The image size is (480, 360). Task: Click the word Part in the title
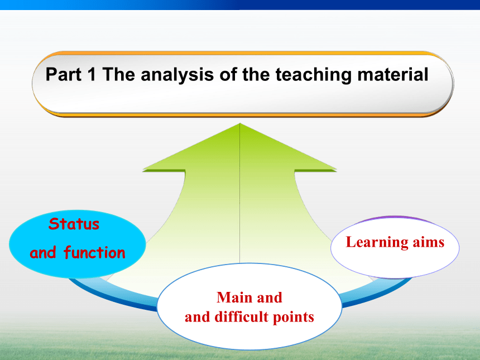(x=64, y=74)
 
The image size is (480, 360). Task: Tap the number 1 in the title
(x=91, y=74)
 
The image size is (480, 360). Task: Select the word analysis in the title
(x=177, y=75)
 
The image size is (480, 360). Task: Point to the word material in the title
(x=393, y=74)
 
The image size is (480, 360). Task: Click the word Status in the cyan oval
(x=74, y=224)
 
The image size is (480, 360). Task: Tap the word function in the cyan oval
(x=94, y=252)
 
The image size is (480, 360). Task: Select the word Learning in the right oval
(x=377, y=242)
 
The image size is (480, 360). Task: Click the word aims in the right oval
(x=429, y=242)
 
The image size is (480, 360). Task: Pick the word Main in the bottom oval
(x=232, y=297)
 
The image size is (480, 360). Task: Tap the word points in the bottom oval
(x=293, y=318)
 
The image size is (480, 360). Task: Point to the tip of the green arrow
(x=239, y=123)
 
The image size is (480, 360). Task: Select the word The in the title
(x=118, y=74)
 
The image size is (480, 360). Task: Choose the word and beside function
(x=43, y=252)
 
